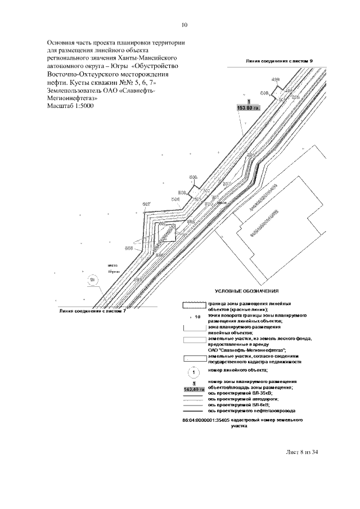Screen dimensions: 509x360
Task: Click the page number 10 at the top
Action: pos(184,25)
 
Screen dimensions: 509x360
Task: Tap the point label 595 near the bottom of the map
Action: pos(137,280)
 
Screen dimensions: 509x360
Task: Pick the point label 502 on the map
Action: pos(206,191)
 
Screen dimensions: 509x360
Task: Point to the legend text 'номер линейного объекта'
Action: pos(238,370)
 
